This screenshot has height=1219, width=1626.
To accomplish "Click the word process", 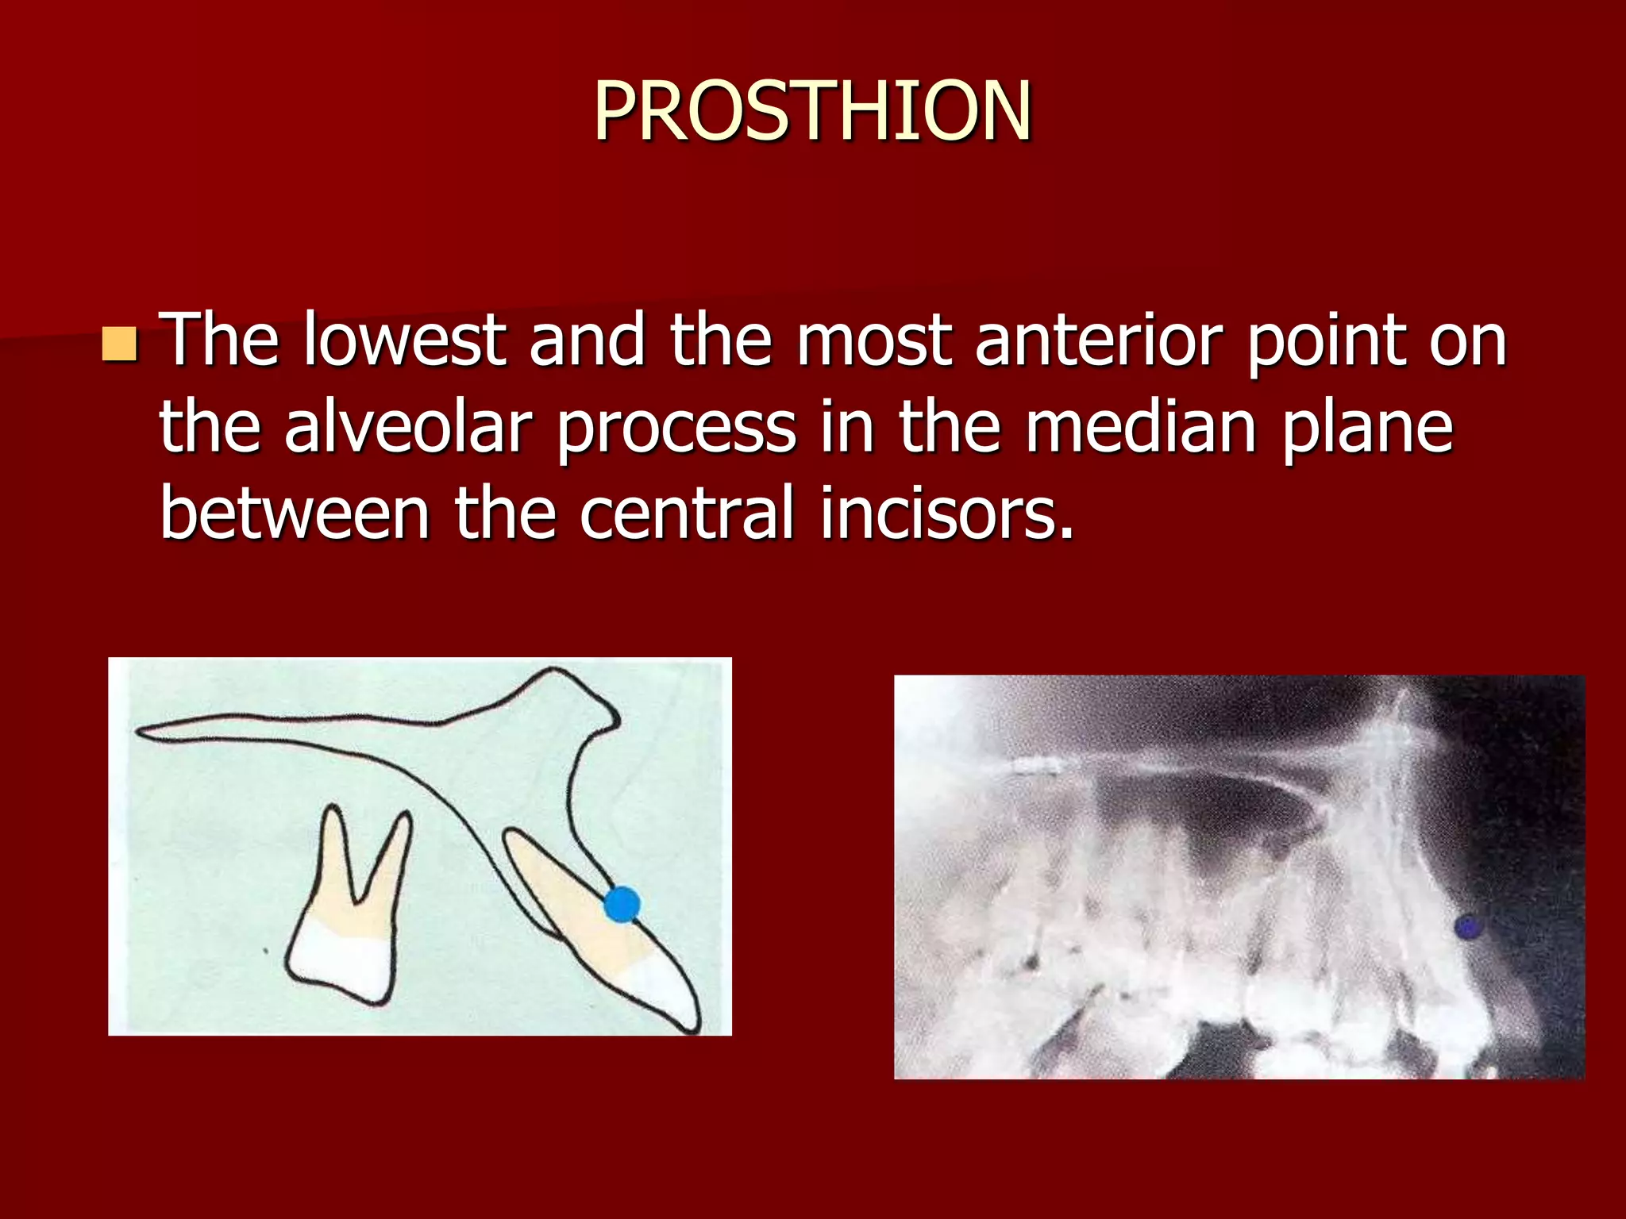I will click(676, 429).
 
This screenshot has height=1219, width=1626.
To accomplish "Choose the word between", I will click(295, 513).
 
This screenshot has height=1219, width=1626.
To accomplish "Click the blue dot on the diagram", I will click(622, 905).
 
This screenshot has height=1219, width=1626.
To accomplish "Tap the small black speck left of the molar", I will click(265, 950).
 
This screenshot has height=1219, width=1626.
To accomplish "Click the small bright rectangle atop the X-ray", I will click(1038, 767).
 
